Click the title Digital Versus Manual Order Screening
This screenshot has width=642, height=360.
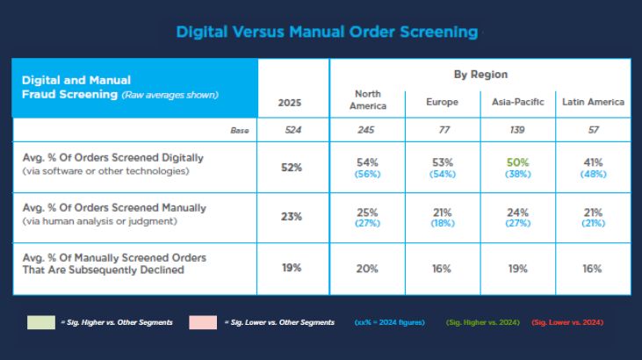327,32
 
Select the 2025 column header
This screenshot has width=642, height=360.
290,103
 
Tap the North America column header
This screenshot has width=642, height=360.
368,100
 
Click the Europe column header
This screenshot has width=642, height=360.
442,102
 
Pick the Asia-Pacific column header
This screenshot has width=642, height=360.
518,102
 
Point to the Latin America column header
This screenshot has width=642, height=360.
594,102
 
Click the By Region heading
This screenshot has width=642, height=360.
480,75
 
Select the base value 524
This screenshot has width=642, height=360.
293,130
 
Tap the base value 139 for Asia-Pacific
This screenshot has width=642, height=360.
517,130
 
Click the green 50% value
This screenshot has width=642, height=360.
518,162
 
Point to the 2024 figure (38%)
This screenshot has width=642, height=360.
518,174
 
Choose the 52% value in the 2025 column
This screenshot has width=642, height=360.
292,168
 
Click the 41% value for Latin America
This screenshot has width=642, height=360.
594,162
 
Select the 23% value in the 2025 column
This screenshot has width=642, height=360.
292,217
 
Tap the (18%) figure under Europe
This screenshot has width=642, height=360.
443,223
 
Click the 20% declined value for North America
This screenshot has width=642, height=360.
367,269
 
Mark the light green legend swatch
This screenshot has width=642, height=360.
41,322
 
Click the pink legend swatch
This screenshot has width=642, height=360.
203,322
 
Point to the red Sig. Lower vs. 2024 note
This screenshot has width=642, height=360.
567,322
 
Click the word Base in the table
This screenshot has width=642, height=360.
240,131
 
